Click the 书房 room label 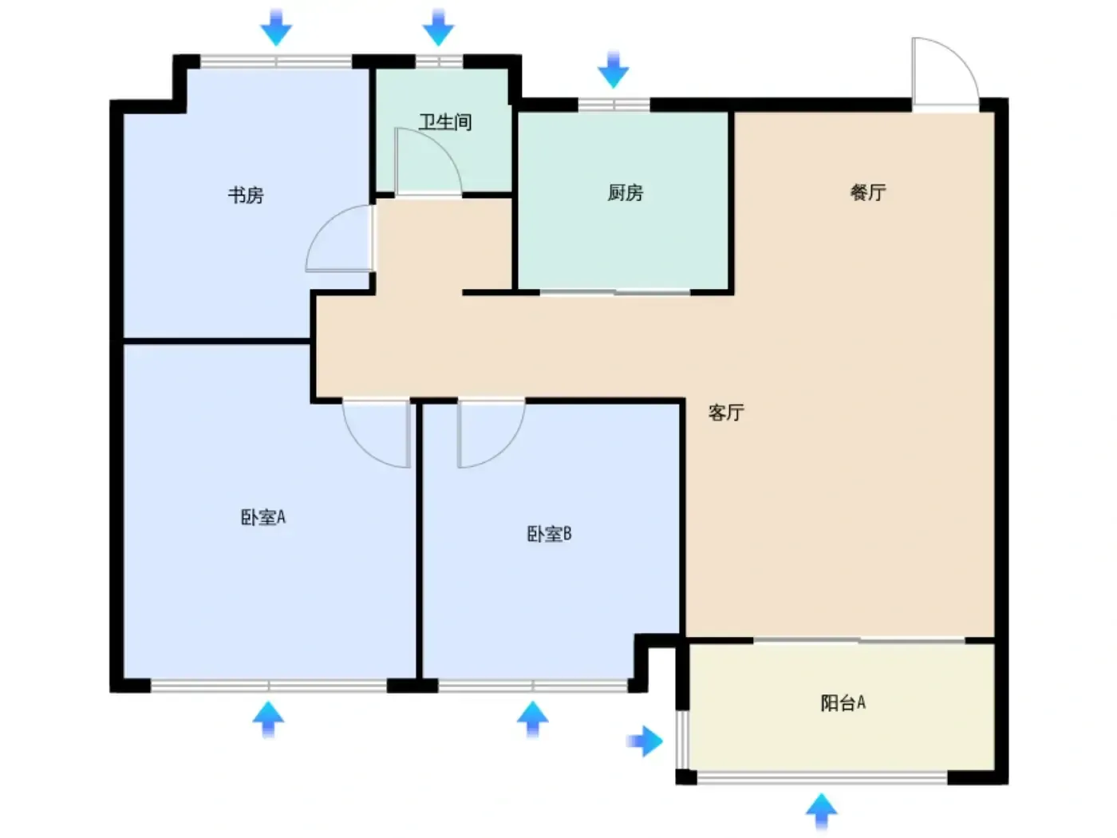(x=246, y=195)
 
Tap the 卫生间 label (x=445, y=122)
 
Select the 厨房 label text (x=626, y=193)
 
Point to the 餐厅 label (x=868, y=192)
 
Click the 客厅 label (x=726, y=412)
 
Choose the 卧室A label (x=263, y=517)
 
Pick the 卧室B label (x=549, y=534)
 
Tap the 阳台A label (x=843, y=703)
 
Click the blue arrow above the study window (x=276, y=27)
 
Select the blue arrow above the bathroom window (x=438, y=27)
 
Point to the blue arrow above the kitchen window (x=614, y=69)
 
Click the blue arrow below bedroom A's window (x=269, y=719)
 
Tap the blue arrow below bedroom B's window (x=533, y=719)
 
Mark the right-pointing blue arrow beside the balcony (x=645, y=741)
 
